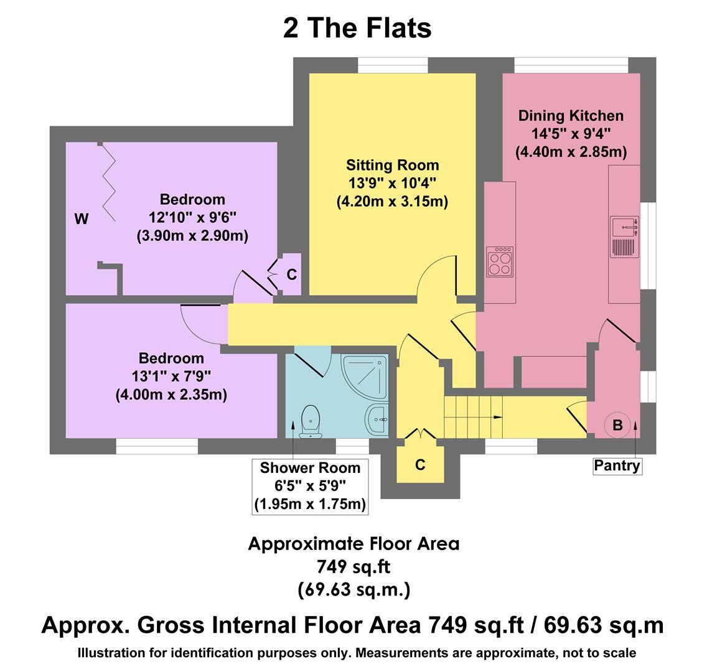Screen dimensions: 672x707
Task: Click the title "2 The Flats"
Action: [x=357, y=29]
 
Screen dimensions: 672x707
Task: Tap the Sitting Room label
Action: [x=392, y=166]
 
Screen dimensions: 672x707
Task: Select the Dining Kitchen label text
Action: [x=571, y=116]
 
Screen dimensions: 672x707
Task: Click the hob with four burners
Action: [x=500, y=261]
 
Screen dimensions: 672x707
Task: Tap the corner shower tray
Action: [x=365, y=375]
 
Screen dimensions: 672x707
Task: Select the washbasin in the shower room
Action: [x=377, y=419]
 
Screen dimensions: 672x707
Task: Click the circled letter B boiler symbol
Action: [x=617, y=426]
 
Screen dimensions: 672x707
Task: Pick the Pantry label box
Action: [x=617, y=465]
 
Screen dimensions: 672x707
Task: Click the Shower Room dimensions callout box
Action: [x=310, y=487]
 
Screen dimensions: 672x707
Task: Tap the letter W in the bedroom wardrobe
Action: [x=81, y=219]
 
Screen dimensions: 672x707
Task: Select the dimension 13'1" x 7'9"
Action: [x=171, y=376]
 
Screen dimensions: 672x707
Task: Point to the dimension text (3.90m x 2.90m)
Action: [x=192, y=236]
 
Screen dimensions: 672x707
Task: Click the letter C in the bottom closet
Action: [x=420, y=465]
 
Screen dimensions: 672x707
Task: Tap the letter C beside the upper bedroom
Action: [x=291, y=274]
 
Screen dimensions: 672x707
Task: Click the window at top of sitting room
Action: [x=393, y=65]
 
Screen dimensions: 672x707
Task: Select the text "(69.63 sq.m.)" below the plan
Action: [x=353, y=589]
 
